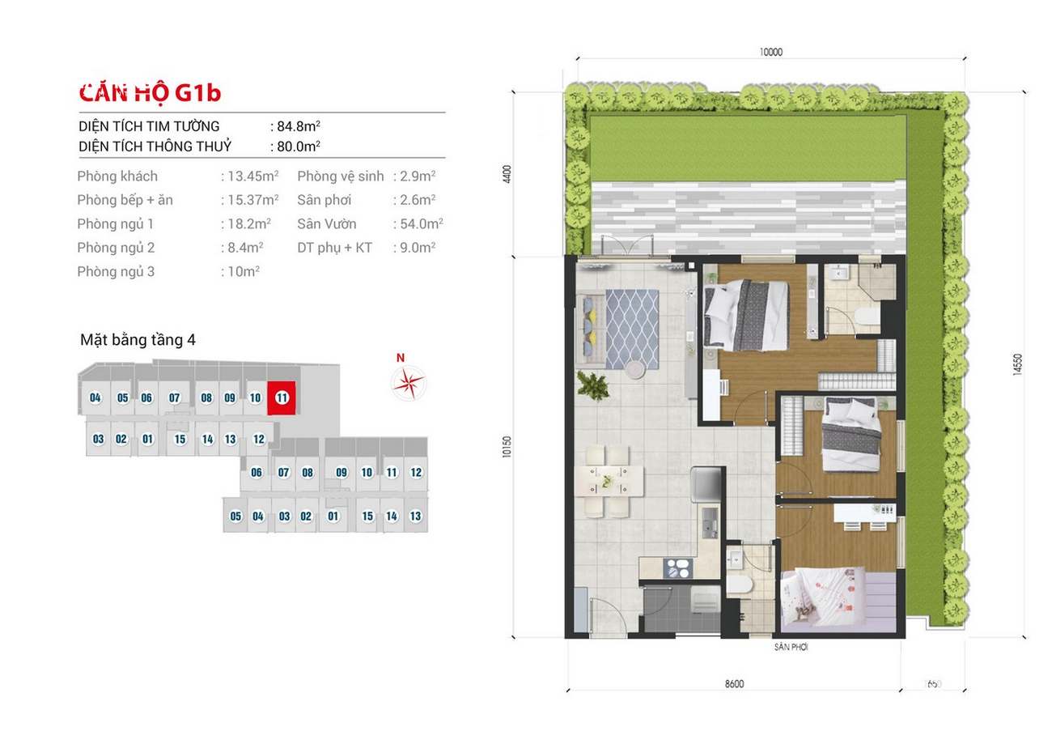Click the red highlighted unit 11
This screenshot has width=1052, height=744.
point(282,398)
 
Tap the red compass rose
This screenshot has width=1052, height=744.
point(409,383)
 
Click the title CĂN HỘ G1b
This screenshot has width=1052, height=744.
point(150,93)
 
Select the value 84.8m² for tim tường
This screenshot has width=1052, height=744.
point(299,125)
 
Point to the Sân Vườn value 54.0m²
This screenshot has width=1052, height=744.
point(422,223)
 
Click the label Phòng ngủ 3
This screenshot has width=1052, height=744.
point(116,271)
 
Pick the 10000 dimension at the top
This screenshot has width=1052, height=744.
point(770,52)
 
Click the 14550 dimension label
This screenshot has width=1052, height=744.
point(1017,364)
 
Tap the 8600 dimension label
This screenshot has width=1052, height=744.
point(734,684)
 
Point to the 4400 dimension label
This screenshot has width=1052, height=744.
point(507,174)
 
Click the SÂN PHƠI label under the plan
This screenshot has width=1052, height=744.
point(791,647)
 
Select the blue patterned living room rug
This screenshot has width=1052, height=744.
point(632,329)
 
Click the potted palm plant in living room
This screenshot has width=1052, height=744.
point(592,385)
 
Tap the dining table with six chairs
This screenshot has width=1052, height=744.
point(609,482)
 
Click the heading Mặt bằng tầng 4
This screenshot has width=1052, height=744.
point(138,339)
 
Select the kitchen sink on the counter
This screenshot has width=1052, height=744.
point(709,522)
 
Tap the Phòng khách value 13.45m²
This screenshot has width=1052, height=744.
point(253,176)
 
